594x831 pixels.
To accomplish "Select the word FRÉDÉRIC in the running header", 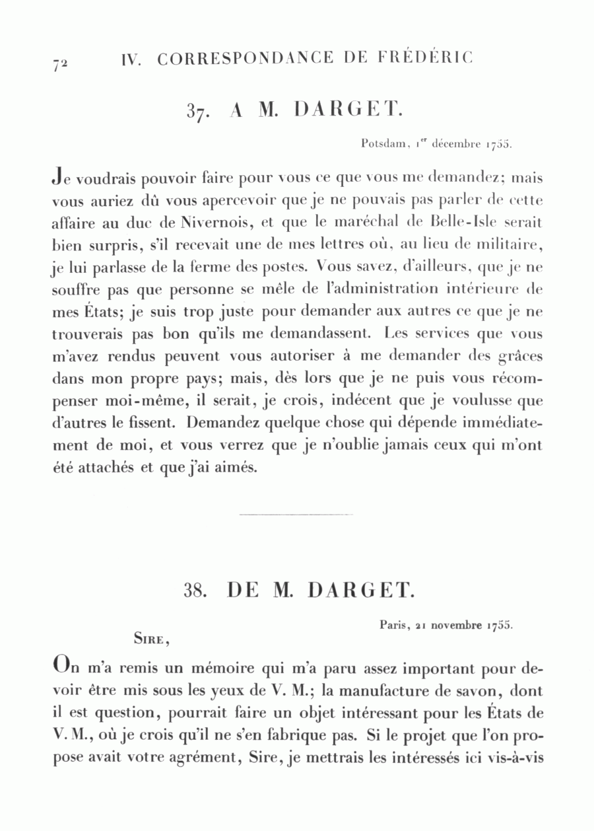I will pos(430,58).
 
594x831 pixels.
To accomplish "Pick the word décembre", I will pos(456,143).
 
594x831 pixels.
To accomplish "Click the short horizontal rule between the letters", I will pos(296,514).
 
